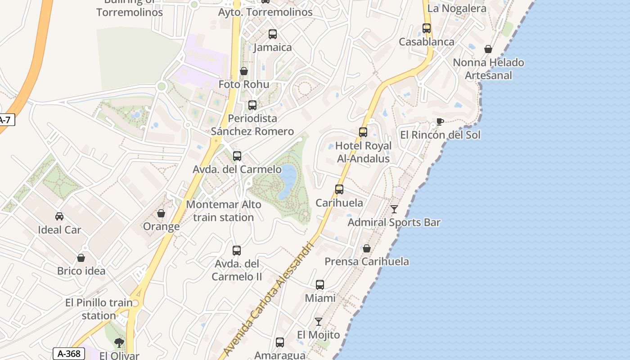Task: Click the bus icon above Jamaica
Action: point(272,34)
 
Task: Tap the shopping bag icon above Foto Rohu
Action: point(243,71)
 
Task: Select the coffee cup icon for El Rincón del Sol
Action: point(440,122)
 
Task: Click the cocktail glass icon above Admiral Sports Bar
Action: point(394,209)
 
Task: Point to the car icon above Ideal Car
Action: point(59,216)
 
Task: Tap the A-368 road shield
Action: point(69,354)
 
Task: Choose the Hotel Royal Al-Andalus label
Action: point(364,152)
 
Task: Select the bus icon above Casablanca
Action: point(426,28)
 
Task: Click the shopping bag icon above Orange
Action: point(161,213)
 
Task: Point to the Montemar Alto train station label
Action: point(223,211)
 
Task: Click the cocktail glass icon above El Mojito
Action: point(319,322)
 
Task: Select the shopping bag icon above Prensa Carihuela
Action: point(366,248)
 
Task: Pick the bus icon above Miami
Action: point(319,285)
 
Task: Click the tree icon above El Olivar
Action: point(119,343)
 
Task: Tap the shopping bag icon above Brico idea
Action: point(81,258)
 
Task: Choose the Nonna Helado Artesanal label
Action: point(488,69)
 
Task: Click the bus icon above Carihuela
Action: point(339,189)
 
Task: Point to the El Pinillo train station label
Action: point(99,309)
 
